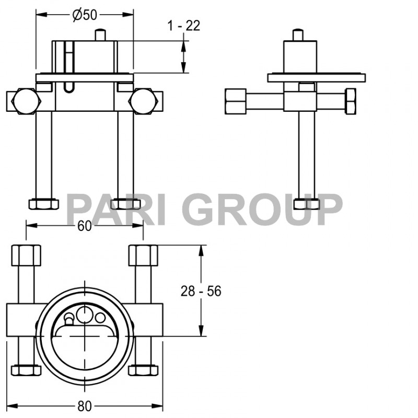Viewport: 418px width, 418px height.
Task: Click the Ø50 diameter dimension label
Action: click(85, 15)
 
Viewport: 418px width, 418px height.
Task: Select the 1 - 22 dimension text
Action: click(183, 25)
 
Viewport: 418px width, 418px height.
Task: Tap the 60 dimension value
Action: click(85, 226)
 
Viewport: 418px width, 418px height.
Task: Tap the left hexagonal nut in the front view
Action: click(25, 101)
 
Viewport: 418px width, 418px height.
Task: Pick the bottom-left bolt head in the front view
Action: click(42, 203)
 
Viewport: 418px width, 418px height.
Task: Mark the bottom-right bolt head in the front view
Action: click(126, 203)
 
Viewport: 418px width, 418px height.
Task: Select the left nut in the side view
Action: click(236, 101)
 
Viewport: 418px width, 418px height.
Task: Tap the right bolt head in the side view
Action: click(350, 101)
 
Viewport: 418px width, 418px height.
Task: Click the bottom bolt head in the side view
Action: click(307, 203)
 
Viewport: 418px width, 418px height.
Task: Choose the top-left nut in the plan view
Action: click(26, 256)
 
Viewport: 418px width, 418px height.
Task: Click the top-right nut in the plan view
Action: click(143, 256)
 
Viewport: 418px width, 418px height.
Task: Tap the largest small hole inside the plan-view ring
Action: click(84, 315)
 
